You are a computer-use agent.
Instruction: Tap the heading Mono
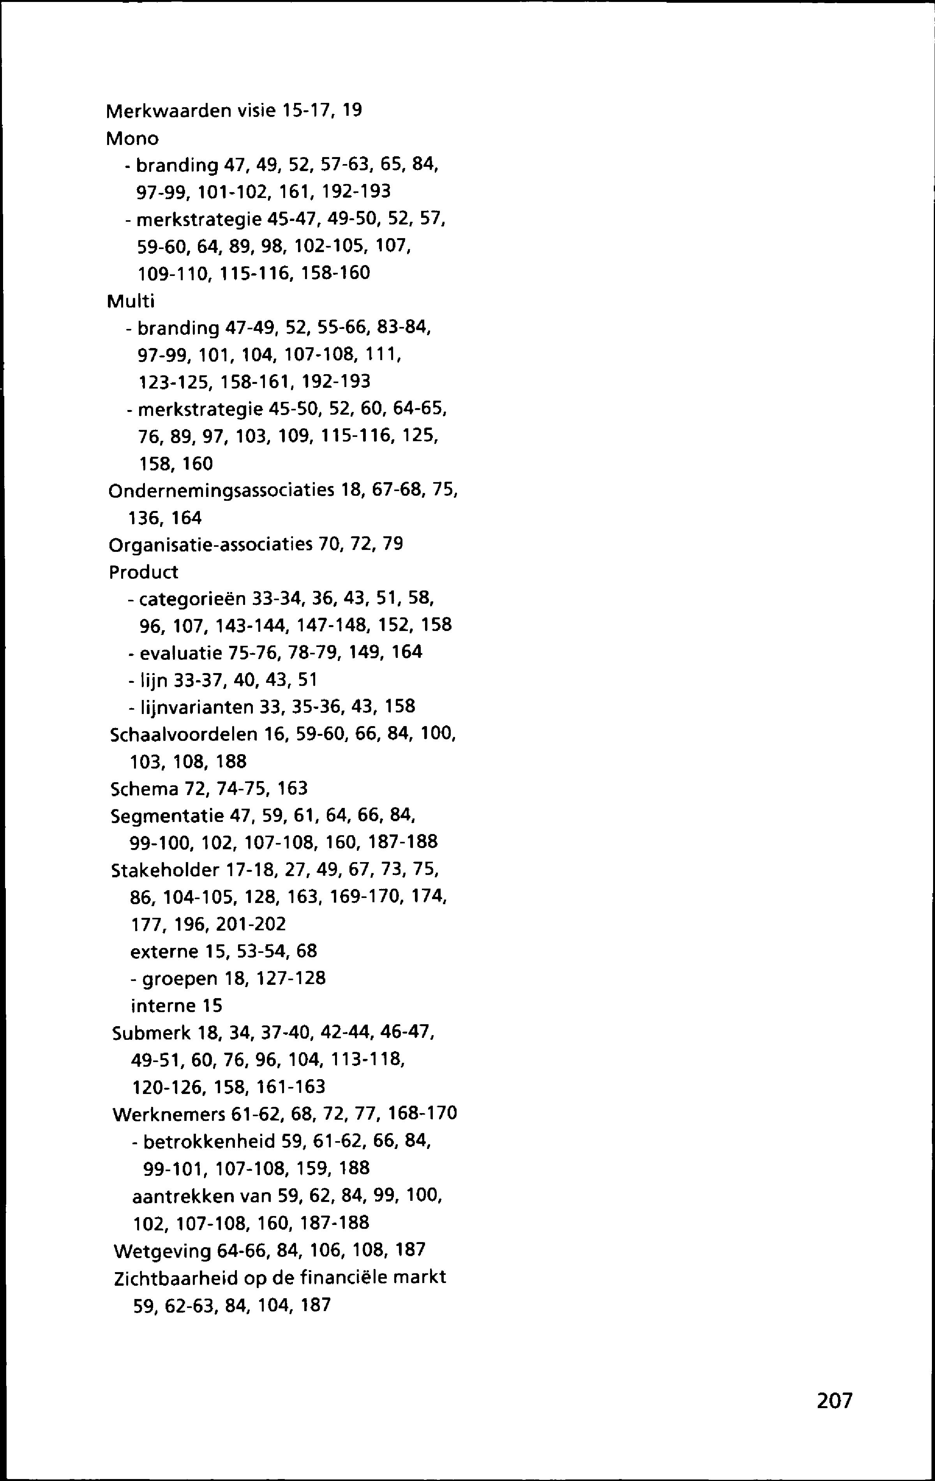[x=132, y=140]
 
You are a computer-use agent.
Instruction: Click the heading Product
[x=143, y=572]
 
